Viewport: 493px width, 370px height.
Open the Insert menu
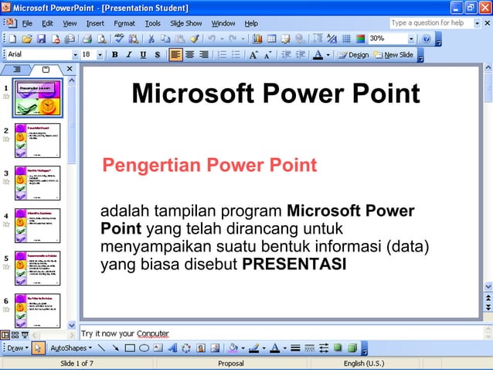point(95,23)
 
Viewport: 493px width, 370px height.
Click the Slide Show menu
point(185,23)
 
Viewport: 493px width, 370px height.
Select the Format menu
point(124,23)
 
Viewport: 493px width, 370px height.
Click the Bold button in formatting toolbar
point(115,55)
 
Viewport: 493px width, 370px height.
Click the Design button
point(354,55)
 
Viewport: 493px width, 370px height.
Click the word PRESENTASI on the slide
point(294,264)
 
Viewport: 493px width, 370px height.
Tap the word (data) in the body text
point(409,246)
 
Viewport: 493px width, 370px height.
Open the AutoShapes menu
point(72,348)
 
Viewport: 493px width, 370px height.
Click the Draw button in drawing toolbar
point(15,348)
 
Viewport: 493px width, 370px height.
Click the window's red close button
point(484,8)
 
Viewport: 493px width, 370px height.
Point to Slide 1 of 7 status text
point(76,363)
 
